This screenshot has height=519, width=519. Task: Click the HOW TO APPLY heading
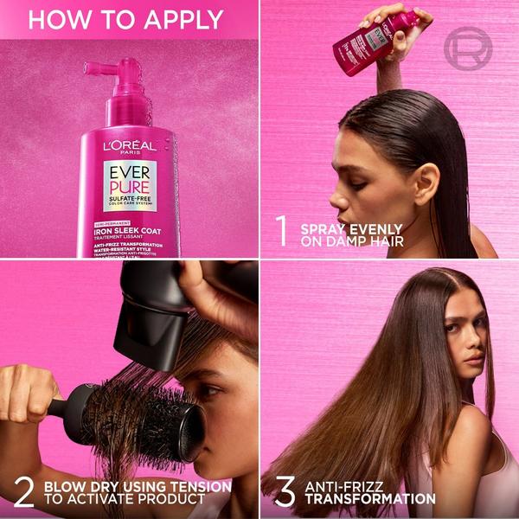coord(125,19)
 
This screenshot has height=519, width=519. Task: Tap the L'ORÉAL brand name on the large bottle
coord(130,146)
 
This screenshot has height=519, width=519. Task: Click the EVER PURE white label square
coord(130,185)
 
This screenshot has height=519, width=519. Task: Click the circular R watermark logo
coord(468,49)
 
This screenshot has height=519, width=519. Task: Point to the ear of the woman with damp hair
coord(420,173)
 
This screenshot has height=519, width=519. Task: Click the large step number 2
coord(23,492)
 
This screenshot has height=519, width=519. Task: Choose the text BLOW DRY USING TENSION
coord(137,486)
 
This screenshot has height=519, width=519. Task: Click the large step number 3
coord(284,492)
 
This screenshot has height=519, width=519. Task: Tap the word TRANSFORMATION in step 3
coord(369,499)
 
